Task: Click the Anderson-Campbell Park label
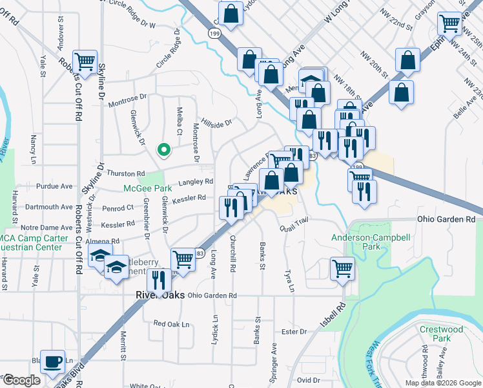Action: (x=370, y=242)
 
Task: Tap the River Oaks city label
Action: (x=159, y=294)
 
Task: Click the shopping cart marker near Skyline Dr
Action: (x=85, y=62)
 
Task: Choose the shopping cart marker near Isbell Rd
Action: (x=342, y=268)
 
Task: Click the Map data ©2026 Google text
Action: (x=443, y=383)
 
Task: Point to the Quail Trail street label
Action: (x=291, y=223)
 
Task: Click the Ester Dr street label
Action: (x=293, y=332)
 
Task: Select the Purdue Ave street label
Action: (x=55, y=186)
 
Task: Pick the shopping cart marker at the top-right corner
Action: (x=449, y=23)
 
